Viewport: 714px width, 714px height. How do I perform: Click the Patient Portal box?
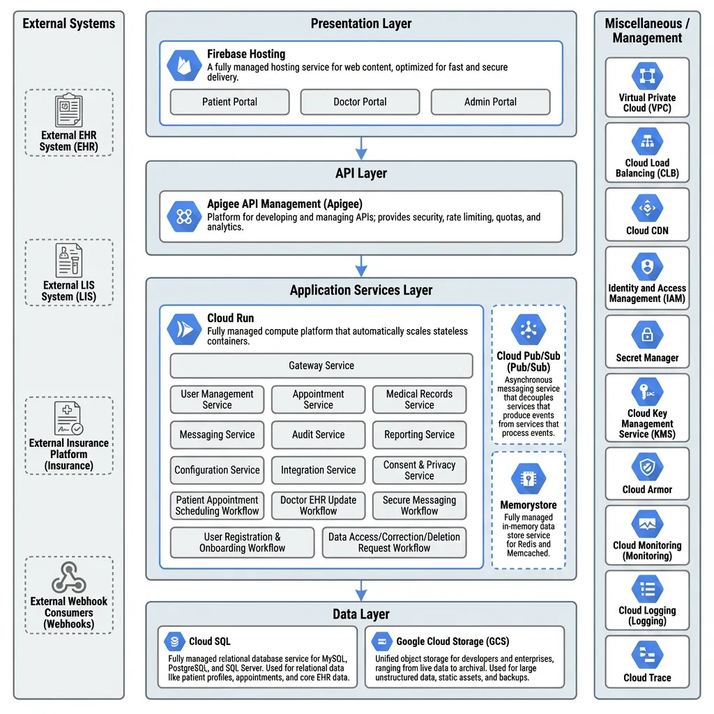click(x=229, y=102)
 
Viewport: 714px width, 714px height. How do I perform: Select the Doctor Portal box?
click(x=360, y=102)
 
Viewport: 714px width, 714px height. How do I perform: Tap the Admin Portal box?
click(x=490, y=102)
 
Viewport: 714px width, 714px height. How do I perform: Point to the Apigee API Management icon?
click(x=184, y=216)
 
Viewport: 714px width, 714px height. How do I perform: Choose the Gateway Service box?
click(x=321, y=365)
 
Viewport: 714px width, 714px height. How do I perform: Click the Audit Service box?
click(x=318, y=434)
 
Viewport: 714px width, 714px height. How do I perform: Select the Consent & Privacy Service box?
click(x=419, y=470)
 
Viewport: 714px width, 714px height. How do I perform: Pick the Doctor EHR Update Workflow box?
click(x=318, y=506)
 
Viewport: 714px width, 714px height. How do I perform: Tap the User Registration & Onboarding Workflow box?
click(x=242, y=542)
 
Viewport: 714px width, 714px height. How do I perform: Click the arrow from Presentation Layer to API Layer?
click(x=360, y=148)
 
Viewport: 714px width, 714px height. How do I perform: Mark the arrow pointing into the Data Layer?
click(x=360, y=590)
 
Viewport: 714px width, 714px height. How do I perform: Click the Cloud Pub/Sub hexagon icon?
click(x=529, y=330)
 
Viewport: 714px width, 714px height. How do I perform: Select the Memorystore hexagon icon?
click(x=529, y=478)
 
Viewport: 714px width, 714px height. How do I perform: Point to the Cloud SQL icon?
click(x=174, y=641)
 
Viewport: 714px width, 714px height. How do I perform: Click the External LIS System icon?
click(x=68, y=261)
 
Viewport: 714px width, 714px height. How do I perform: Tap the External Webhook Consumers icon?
click(x=68, y=577)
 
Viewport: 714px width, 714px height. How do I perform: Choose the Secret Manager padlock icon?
click(x=647, y=334)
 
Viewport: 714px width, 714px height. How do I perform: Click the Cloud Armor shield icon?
click(x=647, y=466)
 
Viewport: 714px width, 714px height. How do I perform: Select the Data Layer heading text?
click(x=360, y=614)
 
